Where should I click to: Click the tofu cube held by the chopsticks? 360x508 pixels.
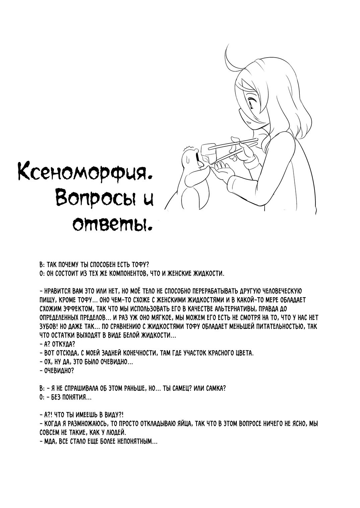pos(208,152)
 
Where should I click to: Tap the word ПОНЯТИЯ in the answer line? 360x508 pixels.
pos(76,398)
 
